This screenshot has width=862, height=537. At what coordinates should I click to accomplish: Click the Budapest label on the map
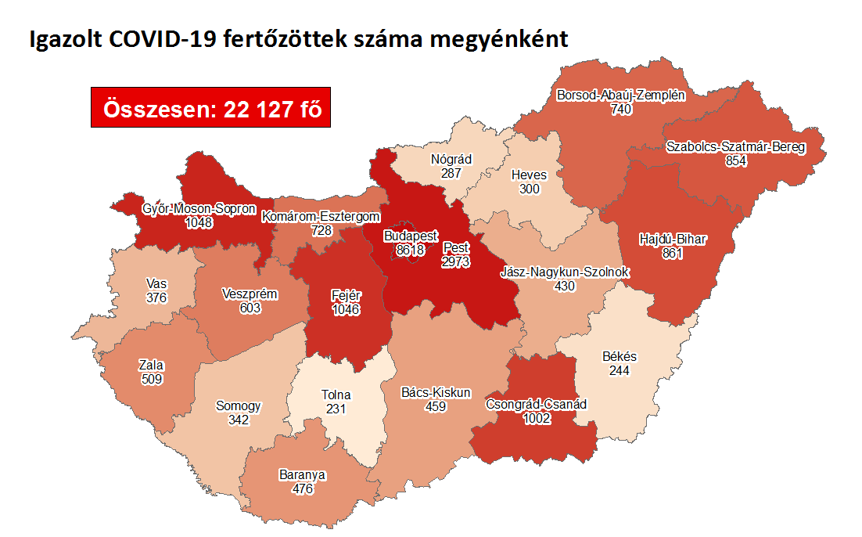411,236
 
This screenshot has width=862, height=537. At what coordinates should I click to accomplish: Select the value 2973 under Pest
455,261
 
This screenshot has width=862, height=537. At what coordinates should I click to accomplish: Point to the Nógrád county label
451,160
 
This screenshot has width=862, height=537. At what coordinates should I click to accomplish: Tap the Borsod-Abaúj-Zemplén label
621,96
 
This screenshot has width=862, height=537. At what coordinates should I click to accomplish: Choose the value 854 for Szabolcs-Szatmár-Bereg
735,160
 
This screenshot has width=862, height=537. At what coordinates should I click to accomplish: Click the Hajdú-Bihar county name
672,239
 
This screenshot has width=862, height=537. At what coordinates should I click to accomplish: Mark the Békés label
620,356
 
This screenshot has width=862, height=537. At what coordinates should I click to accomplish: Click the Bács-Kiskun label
435,392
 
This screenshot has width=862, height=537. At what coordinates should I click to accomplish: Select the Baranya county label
302,475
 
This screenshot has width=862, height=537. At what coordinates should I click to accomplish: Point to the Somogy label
239,406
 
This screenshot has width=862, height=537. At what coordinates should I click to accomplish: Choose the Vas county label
156,283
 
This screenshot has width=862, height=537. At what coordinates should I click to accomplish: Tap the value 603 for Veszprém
250,308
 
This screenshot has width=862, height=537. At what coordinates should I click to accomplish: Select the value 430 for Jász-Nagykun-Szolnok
564,286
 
